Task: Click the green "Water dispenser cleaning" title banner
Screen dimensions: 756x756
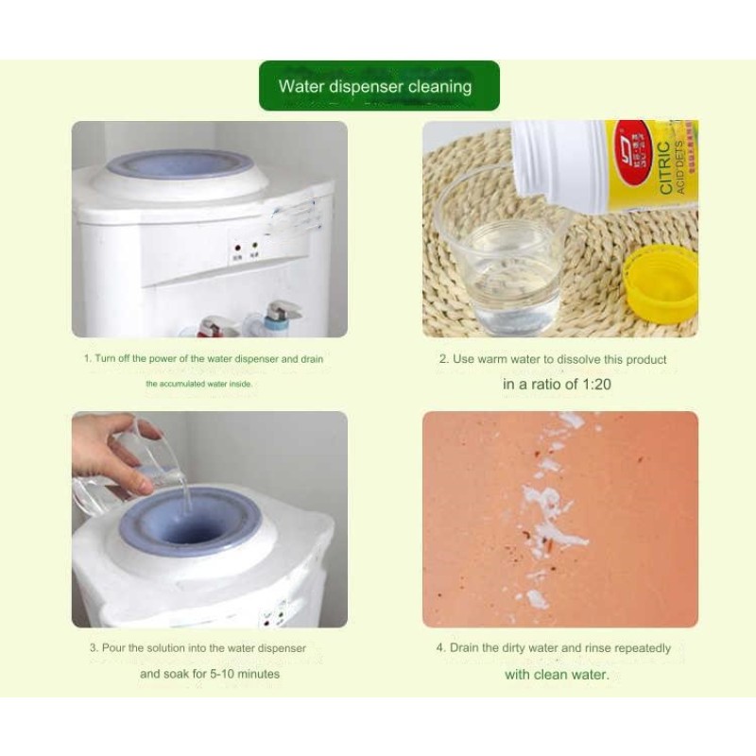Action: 378,87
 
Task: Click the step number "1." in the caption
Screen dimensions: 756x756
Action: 88,359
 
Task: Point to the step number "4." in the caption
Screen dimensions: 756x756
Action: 440,648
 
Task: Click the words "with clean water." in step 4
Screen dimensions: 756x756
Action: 557,674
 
